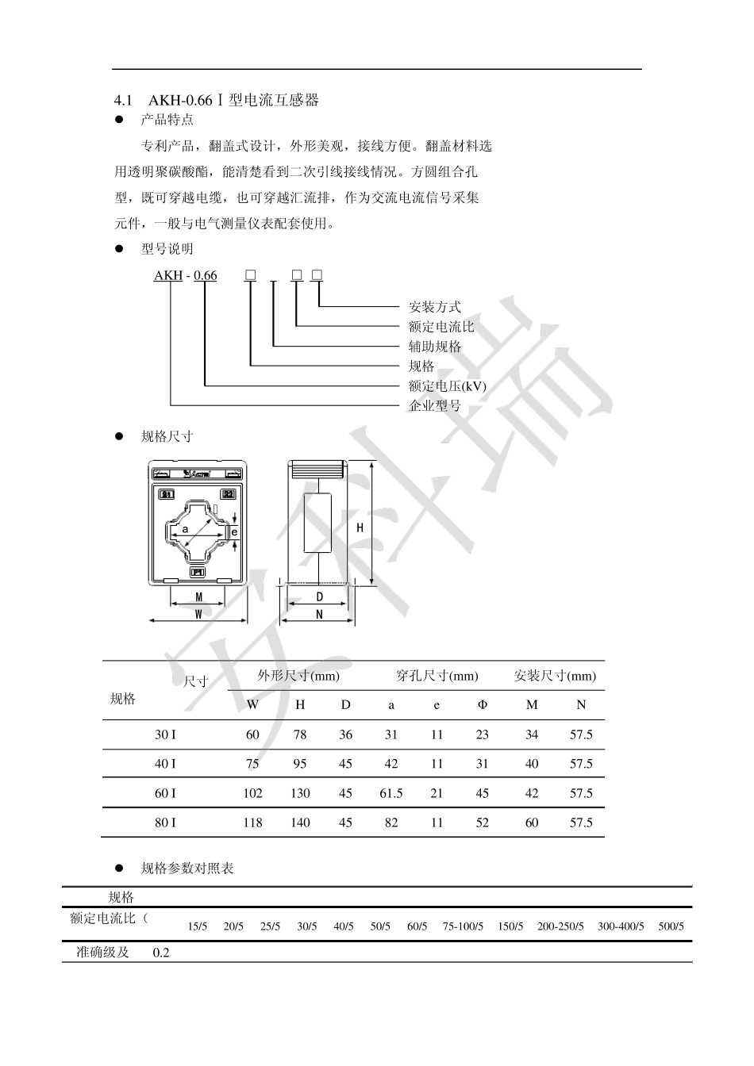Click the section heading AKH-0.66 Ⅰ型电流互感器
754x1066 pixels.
(x=233, y=100)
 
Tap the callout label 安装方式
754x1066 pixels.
(x=434, y=307)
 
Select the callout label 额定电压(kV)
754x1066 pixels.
(x=447, y=386)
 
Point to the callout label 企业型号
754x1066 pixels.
(x=434, y=406)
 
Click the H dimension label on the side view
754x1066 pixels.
(x=360, y=527)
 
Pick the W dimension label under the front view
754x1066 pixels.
(x=198, y=613)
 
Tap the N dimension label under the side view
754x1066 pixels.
(x=319, y=613)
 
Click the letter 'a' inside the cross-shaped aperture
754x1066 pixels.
(x=185, y=528)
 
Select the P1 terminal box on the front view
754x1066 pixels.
(x=198, y=572)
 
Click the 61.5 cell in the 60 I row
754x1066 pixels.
(x=391, y=793)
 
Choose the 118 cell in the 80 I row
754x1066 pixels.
(x=252, y=823)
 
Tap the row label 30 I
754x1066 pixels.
(x=165, y=734)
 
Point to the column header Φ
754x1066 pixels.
(x=483, y=704)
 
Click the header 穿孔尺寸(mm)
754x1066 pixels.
(x=437, y=676)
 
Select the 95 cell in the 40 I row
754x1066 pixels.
(x=300, y=764)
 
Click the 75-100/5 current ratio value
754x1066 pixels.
(x=463, y=926)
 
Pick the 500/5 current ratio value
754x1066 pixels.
(x=671, y=926)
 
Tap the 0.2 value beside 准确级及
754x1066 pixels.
(x=161, y=952)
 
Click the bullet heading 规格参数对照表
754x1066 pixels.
(x=187, y=869)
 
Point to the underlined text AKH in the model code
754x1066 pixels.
(x=167, y=275)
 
